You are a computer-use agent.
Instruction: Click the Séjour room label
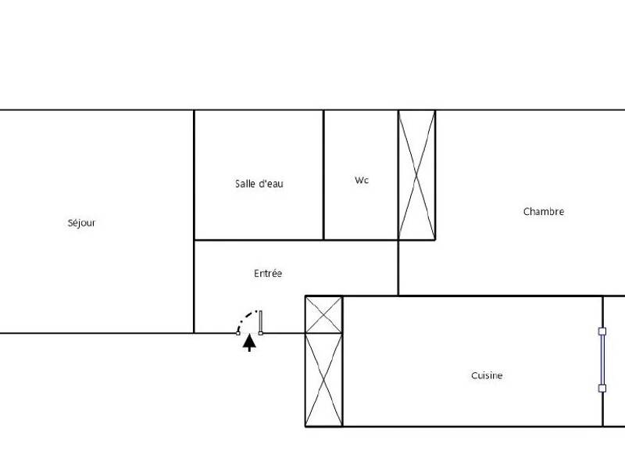tap(81, 223)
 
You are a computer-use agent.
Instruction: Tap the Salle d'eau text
tap(259, 184)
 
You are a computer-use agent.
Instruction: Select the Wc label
tap(361, 181)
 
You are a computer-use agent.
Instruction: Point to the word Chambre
tap(543, 211)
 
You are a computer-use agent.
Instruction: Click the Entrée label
tap(268, 274)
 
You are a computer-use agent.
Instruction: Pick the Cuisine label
tap(487, 375)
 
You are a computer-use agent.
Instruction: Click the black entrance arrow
tap(249, 342)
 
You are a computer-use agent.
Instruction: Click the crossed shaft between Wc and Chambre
tap(416, 174)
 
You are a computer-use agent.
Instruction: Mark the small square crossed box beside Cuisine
tap(323, 314)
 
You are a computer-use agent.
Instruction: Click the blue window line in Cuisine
tap(602, 360)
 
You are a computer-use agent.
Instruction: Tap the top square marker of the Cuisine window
tap(602, 331)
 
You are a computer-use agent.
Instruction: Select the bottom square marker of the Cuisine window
tap(602, 388)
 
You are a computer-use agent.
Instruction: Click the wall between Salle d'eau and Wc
tap(323, 174)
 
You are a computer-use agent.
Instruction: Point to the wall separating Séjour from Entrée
tap(194, 286)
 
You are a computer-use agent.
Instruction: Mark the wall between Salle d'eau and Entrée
tap(258, 240)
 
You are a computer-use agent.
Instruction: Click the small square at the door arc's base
tap(238, 333)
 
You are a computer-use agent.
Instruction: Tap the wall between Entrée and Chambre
tap(398, 267)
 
